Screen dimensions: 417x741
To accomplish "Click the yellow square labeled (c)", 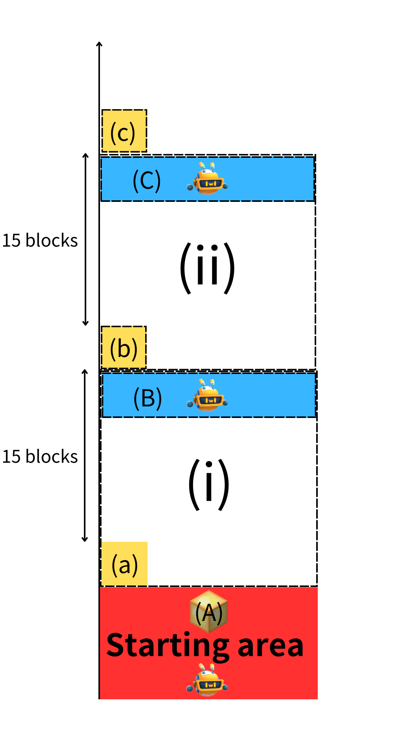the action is [124, 131].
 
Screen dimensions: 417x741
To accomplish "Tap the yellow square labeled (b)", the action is [124, 347].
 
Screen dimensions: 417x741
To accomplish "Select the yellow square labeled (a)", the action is [124, 564].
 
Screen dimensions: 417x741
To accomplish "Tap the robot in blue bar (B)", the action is [207, 395].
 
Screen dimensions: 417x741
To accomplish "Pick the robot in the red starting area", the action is [207, 680].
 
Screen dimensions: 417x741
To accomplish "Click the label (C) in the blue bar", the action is [147, 180].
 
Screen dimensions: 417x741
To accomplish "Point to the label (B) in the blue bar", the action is [147, 398].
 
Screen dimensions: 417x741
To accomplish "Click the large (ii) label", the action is [207, 268].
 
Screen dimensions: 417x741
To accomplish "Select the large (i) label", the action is [209, 484].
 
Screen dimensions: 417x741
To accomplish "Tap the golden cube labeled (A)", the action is [209, 611].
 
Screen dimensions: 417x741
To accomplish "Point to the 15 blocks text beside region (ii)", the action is [40, 240].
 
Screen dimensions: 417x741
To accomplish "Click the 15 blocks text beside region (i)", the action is [40, 457].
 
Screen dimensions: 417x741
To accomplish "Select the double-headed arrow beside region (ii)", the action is [86, 239].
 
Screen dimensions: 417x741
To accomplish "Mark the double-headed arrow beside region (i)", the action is [85, 456].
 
